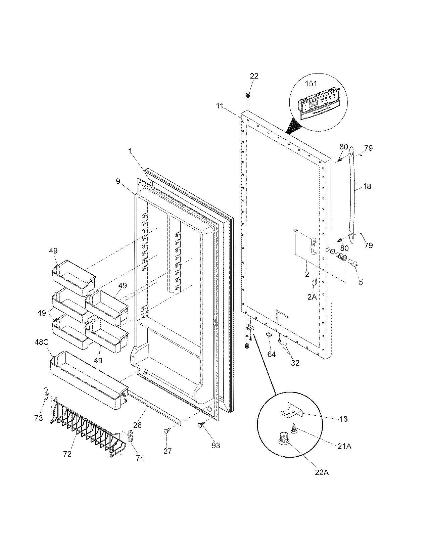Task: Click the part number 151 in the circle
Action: (311, 84)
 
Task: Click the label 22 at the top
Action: (254, 76)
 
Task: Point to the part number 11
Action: (220, 106)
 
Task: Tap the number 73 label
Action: (38, 418)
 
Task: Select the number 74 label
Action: (140, 458)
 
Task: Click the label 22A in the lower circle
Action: (321, 472)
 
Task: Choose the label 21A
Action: (344, 446)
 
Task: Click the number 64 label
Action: (271, 354)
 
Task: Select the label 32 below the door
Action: (295, 363)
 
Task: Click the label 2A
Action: (312, 297)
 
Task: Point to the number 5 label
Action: (361, 282)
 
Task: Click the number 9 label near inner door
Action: (118, 182)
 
